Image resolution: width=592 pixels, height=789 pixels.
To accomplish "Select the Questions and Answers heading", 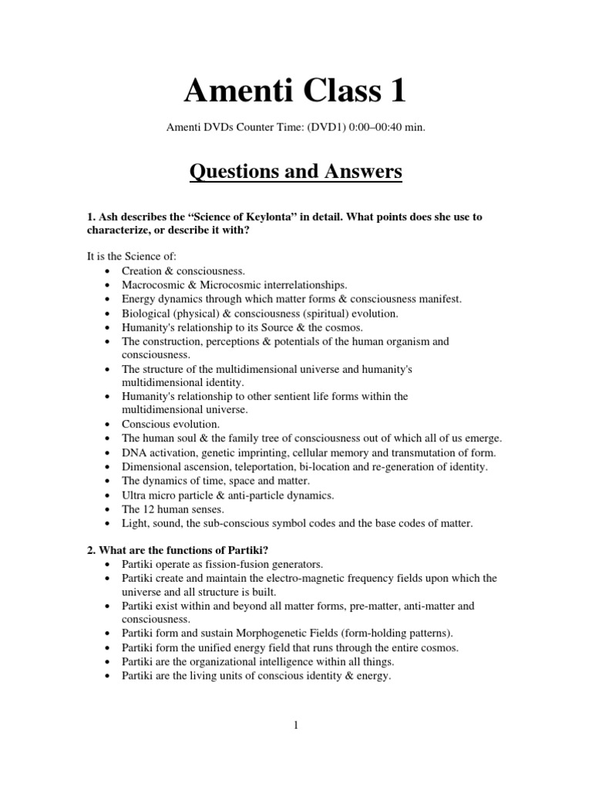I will (x=295, y=171).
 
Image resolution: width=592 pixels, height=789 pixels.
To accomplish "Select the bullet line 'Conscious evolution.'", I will (x=170, y=425).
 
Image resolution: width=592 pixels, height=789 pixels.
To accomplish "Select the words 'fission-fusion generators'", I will (x=249, y=563).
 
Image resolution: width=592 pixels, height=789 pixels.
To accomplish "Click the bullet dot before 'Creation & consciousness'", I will (x=106, y=271).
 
